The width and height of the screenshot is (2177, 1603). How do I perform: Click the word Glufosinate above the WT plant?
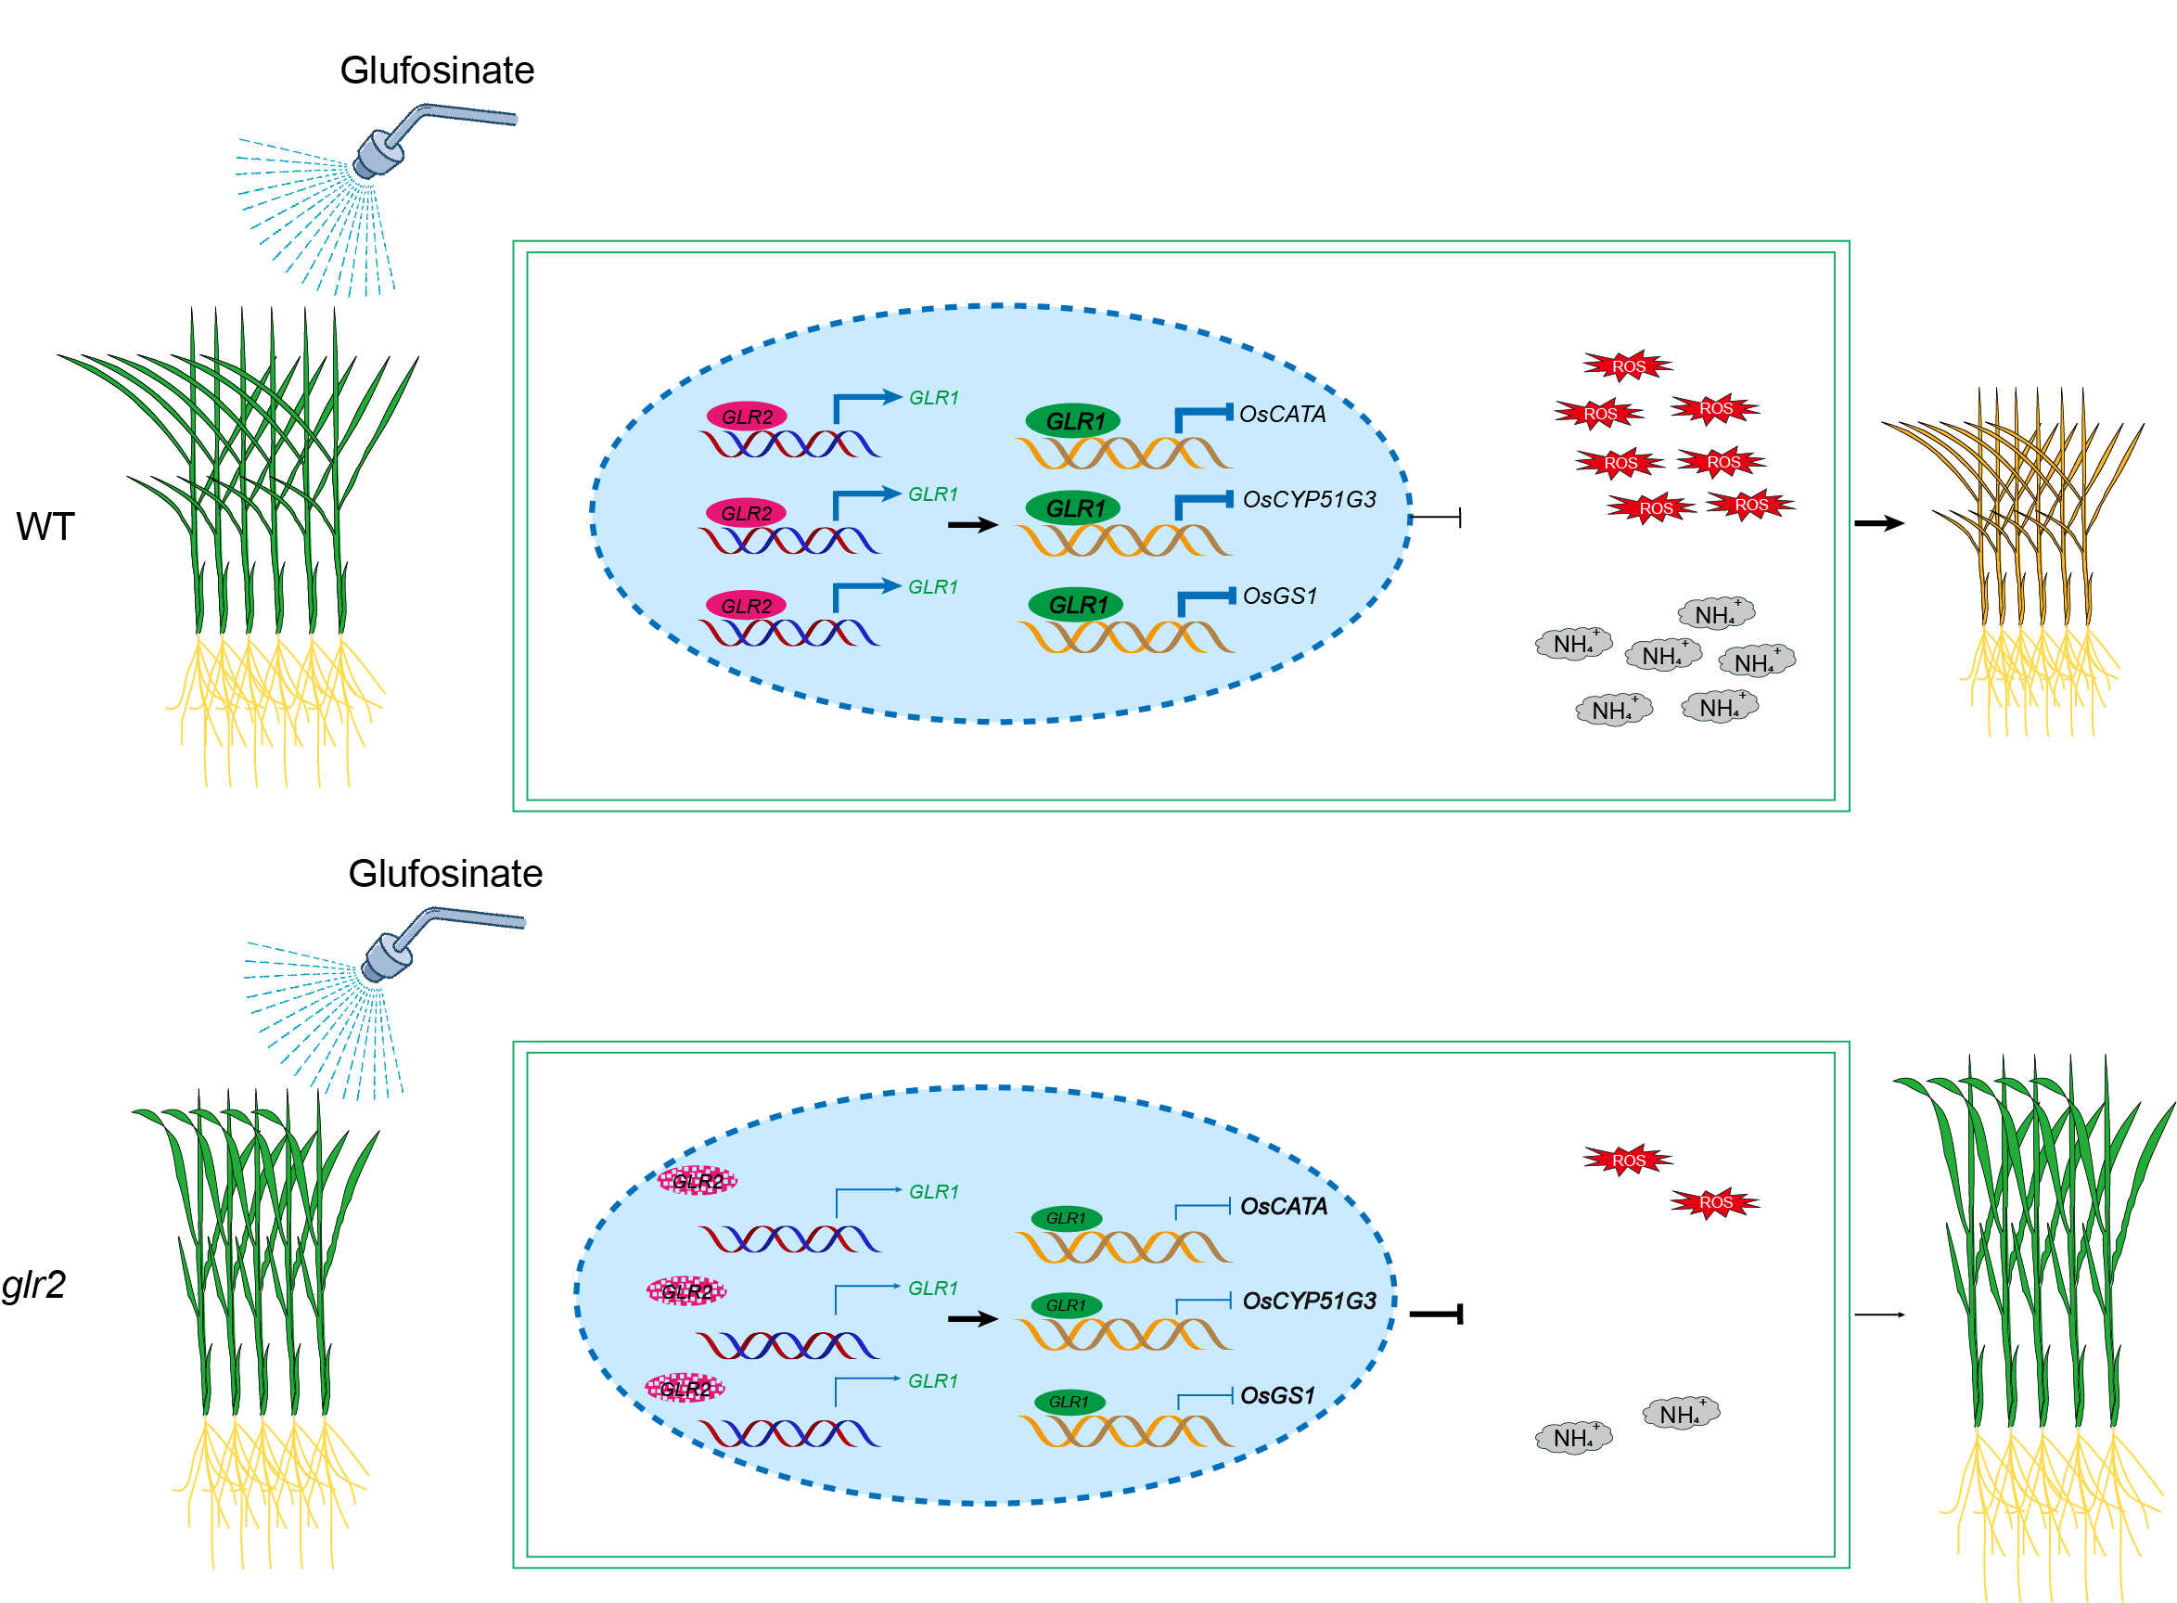437,71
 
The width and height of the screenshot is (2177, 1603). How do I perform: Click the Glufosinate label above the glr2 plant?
445,874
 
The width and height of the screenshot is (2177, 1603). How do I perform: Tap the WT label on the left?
45,527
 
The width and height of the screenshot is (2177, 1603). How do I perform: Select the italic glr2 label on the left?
33,1285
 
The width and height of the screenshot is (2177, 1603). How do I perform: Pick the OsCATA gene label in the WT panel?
1282,415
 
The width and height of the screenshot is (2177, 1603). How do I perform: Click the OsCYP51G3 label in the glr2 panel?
1309,1302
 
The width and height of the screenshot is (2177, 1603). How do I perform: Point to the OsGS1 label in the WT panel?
1280,596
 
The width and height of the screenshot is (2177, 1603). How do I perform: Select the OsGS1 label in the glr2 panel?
1277,1396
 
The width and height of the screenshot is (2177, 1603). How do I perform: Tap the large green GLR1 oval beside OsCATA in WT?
1073,421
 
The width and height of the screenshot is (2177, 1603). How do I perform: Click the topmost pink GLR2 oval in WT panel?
746,417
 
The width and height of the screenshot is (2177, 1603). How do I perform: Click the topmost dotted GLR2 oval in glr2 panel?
698,1181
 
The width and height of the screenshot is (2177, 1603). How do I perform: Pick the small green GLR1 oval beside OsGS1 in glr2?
1069,1402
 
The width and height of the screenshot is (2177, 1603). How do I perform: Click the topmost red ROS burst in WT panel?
1628,365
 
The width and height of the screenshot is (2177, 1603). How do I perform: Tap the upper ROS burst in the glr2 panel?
1628,1160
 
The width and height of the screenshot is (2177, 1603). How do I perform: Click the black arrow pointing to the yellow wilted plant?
1878,524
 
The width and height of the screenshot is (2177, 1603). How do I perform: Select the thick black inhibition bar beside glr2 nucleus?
1437,1314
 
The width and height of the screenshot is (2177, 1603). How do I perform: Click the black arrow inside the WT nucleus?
972,525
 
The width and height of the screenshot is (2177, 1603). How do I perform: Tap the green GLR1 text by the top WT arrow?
933,398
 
